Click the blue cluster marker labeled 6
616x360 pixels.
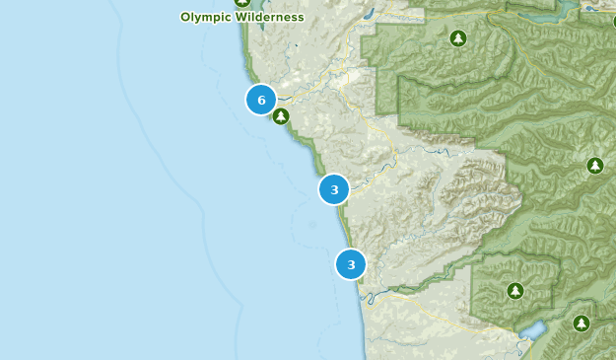point(261,100)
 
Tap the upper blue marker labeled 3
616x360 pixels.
point(334,188)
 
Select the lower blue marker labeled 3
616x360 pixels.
point(351,264)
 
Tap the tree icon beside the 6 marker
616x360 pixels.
point(281,116)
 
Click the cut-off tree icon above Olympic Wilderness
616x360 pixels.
point(242,3)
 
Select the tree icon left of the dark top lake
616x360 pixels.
point(457,38)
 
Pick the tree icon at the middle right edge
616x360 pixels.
point(594,166)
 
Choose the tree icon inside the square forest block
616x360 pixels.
point(514,291)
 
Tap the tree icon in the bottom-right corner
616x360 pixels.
point(582,324)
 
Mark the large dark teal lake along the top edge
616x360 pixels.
point(537,15)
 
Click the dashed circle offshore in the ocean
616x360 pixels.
point(313,225)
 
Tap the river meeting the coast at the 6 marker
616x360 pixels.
point(296,96)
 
